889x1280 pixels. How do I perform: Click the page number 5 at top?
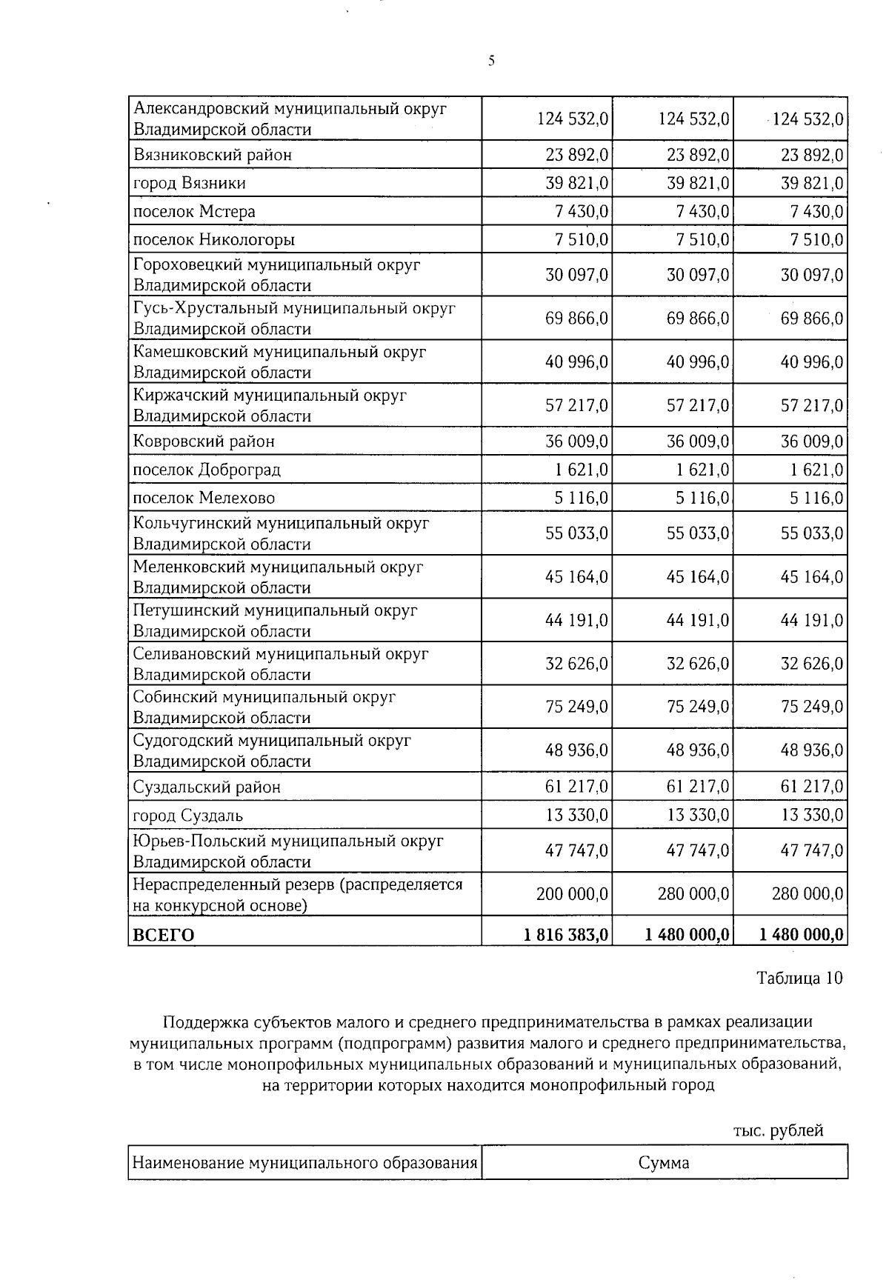point(491,62)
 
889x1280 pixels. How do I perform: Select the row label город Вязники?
point(189,183)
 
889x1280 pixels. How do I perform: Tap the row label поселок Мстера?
point(194,212)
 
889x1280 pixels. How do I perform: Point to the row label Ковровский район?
point(204,441)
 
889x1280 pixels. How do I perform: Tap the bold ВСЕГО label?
point(163,935)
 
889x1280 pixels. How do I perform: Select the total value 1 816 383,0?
point(566,935)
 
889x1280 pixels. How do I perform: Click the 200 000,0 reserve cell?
point(572,895)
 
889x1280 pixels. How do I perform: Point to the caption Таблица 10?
point(799,978)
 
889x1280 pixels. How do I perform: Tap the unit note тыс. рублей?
point(778,1131)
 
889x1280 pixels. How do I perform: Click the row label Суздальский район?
point(207,787)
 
